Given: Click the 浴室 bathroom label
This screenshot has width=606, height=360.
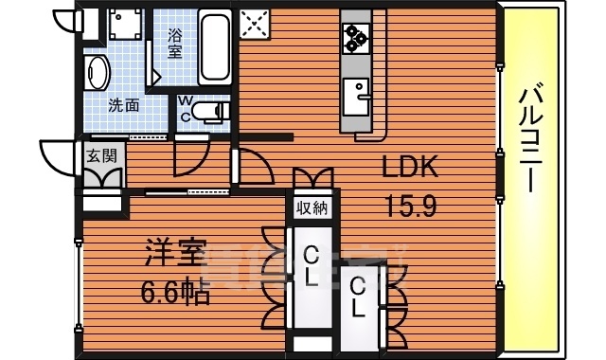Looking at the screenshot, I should (175, 44).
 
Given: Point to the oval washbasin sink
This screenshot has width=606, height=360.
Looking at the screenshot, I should (98, 72).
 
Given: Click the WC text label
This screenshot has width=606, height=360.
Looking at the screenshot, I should (186, 106).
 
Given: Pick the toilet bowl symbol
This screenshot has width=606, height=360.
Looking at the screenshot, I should (214, 112).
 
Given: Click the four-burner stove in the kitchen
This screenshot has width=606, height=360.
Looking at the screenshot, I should (356, 37).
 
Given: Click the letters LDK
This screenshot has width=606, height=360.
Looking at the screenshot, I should (410, 168).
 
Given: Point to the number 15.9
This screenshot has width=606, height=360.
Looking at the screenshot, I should (410, 205).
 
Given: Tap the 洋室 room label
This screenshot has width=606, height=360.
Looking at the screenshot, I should (175, 256).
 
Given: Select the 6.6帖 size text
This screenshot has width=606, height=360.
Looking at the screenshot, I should (177, 288).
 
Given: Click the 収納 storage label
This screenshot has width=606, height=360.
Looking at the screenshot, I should (312, 208).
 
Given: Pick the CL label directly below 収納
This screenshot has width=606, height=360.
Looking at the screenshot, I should (311, 265).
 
